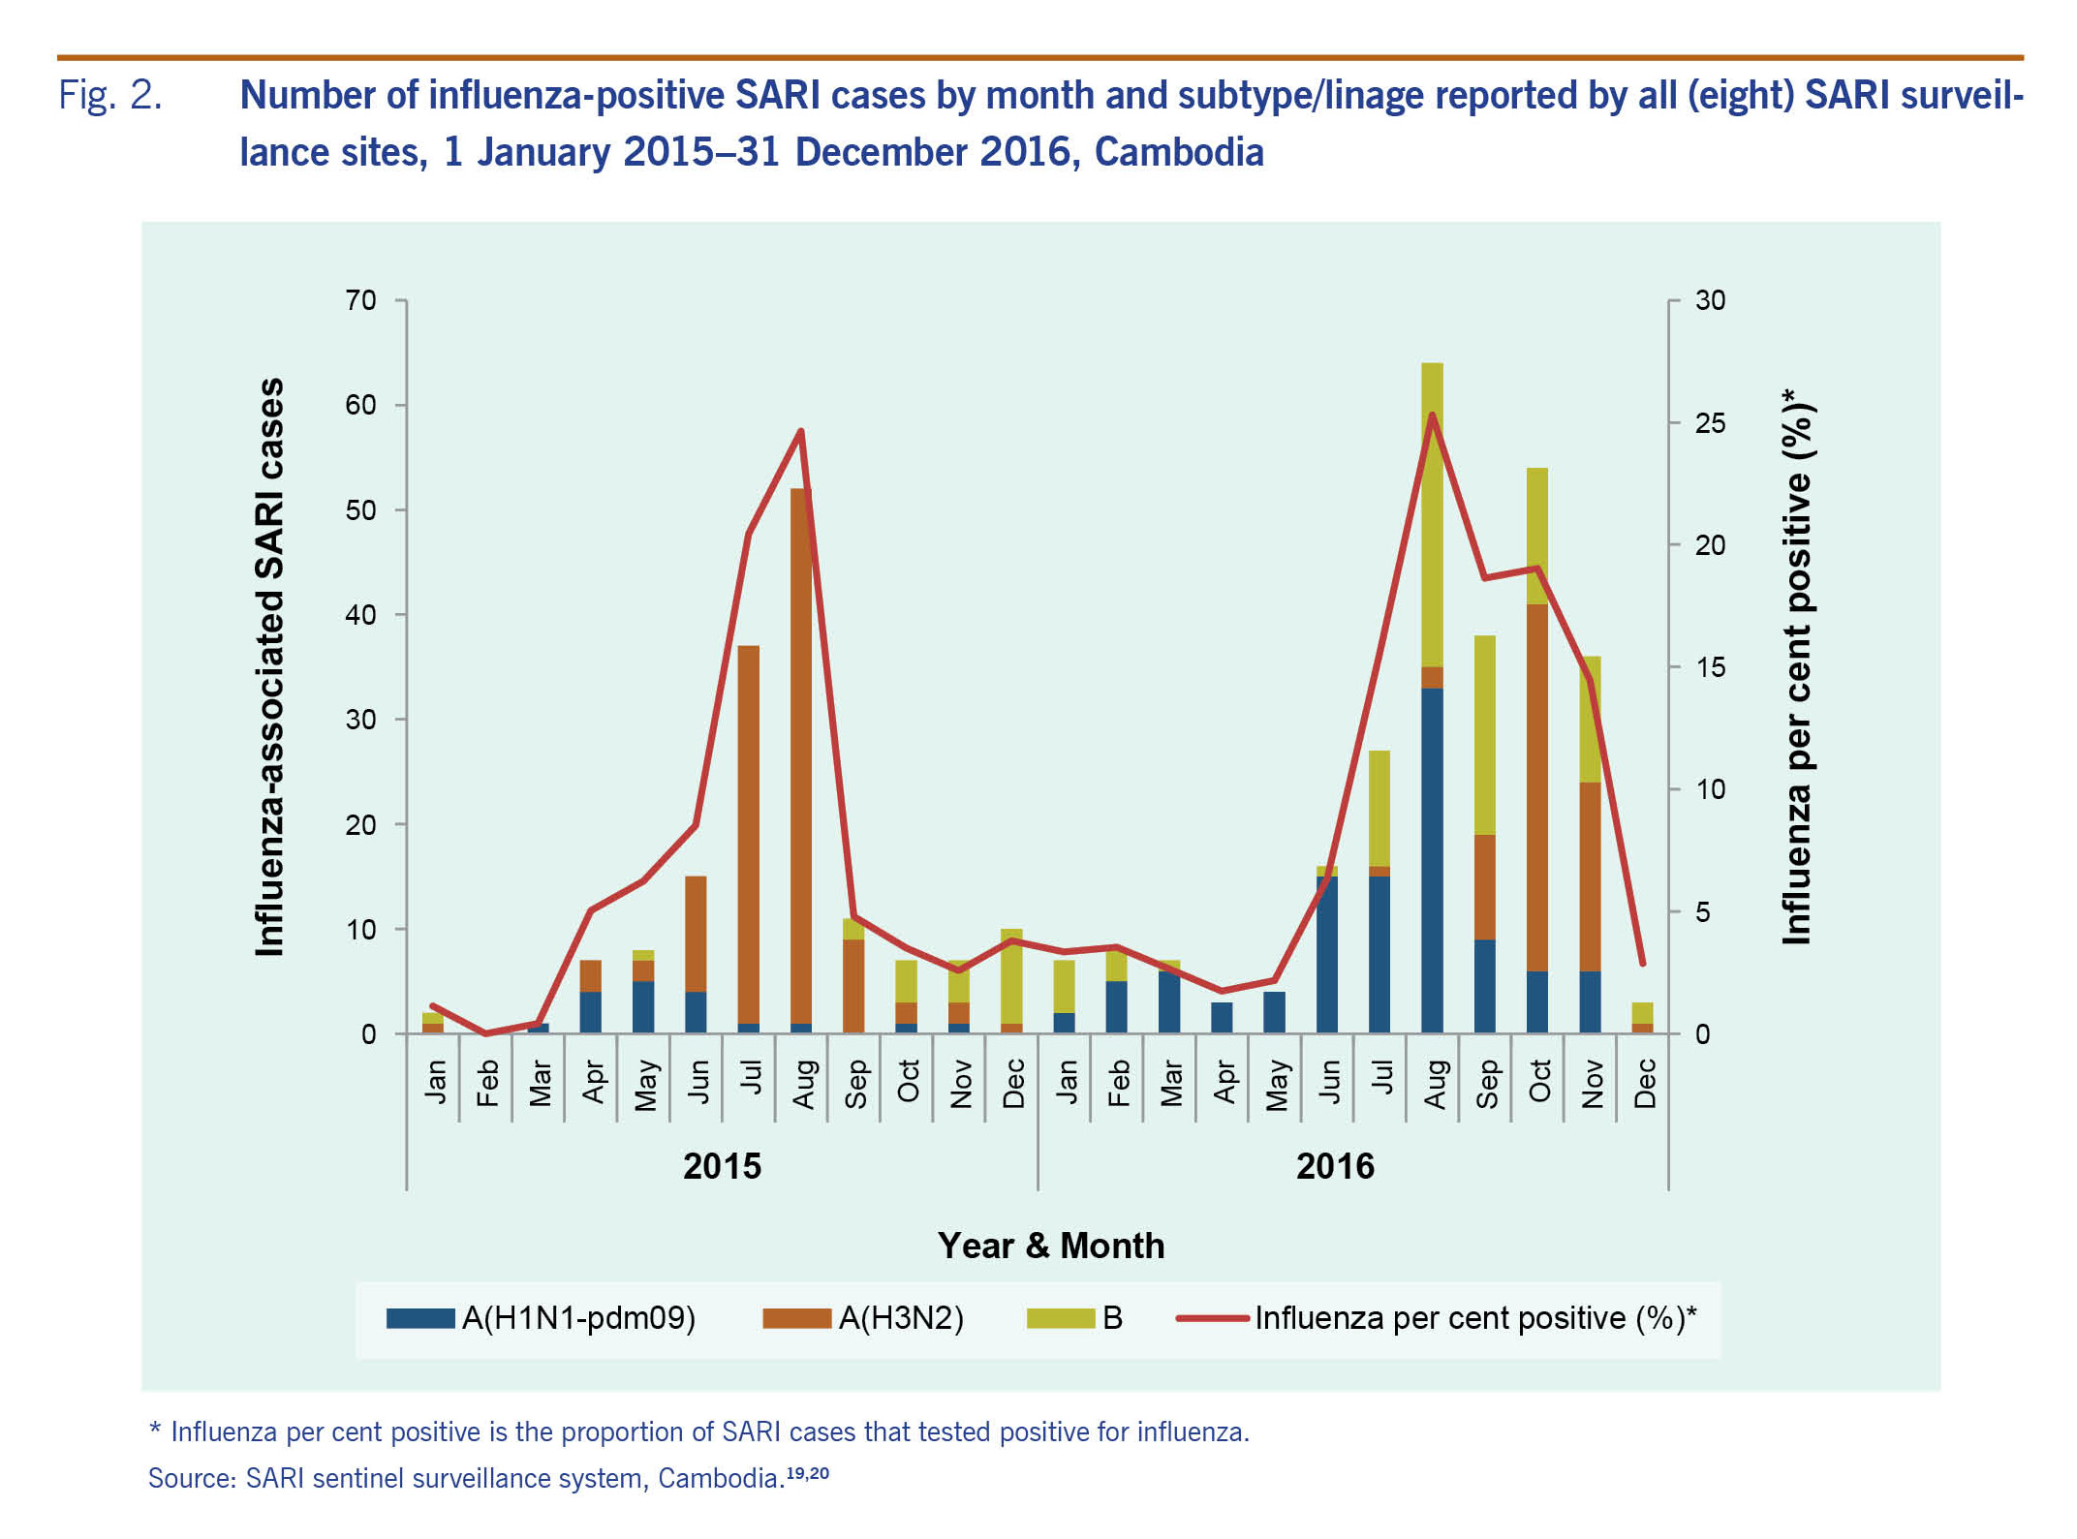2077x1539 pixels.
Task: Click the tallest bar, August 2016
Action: pyautogui.click(x=1432, y=697)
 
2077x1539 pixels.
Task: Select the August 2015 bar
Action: pyautogui.click(x=801, y=760)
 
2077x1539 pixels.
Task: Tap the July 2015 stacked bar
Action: pyautogui.click(x=748, y=839)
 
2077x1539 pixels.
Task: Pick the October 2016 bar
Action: pyautogui.click(x=1537, y=751)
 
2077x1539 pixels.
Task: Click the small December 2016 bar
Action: pyautogui.click(x=1642, y=1018)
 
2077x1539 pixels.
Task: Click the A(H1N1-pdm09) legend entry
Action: pyautogui.click(x=541, y=1318)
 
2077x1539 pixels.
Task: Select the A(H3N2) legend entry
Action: pyautogui.click(x=863, y=1318)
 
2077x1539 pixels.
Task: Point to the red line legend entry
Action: pyautogui.click(x=1437, y=1318)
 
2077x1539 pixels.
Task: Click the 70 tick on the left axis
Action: pyautogui.click(x=360, y=300)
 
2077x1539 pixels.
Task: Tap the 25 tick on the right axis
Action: pyautogui.click(x=1710, y=423)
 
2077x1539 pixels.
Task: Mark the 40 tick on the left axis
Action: pyautogui.click(x=360, y=615)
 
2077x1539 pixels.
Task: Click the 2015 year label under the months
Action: pyautogui.click(x=722, y=1166)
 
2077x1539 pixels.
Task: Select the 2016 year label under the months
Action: pyautogui.click(x=1335, y=1166)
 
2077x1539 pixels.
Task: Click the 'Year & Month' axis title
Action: pyautogui.click(x=1051, y=1246)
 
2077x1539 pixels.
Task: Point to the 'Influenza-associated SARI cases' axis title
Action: pyautogui.click(x=269, y=667)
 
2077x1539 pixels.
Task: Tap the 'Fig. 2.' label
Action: pyautogui.click(x=110, y=95)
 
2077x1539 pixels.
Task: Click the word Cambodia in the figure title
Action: pyautogui.click(x=1179, y=152)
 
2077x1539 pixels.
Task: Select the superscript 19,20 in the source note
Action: pyautogui.click(x=807, y=1473)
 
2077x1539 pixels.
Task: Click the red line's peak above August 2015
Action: pyautogui.click(x=801, y=431)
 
